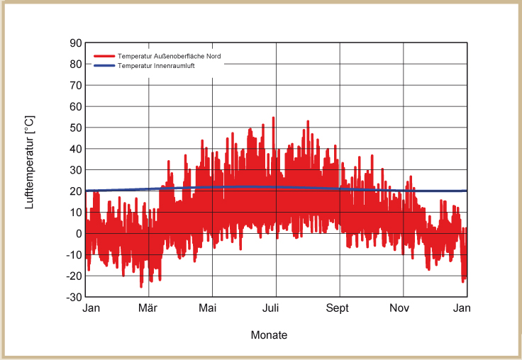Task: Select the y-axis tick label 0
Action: (x=79, y=233)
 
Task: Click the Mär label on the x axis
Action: (x=148, y=308)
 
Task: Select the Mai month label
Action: (x=207, y=308)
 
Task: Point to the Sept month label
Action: (x=338, y=308)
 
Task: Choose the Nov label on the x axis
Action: (x=400, y=308)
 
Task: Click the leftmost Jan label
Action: (x=91, y=308)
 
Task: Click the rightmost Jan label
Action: (x=462, y=308)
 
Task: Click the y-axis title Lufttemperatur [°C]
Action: (x=30, y=163)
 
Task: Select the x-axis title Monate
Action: (x=270, y=335)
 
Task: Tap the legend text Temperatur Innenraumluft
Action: (x=156, y=65)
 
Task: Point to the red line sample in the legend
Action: (x=104, y=56)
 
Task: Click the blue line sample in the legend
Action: (x=104, y=65)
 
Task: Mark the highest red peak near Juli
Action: (x=273, y=118)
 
